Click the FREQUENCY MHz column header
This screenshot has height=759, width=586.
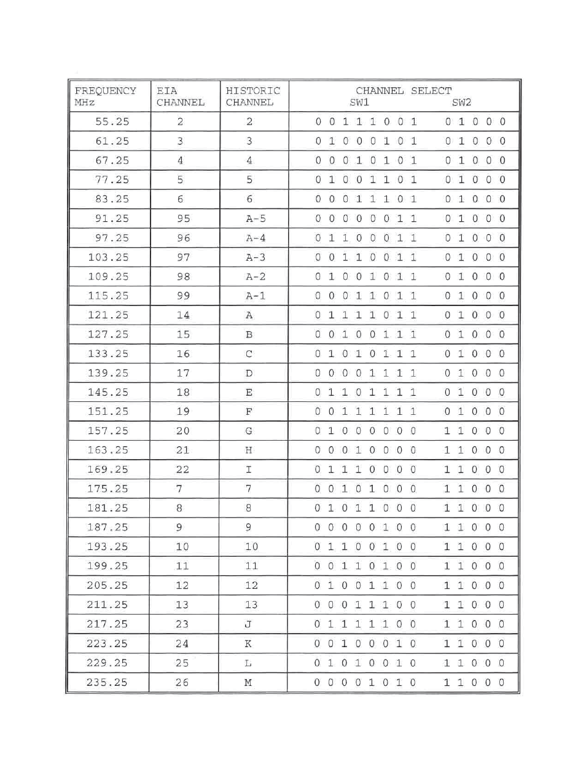coord(105,96)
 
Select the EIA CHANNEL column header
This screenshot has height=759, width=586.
coord(180,96)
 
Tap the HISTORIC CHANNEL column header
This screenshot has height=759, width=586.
coord(252,96)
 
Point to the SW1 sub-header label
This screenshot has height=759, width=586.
coord(359,103)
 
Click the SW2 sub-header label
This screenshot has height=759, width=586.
coord(461,103)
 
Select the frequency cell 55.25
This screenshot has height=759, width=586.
coord(112,122)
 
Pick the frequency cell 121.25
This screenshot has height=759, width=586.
coord(108,315)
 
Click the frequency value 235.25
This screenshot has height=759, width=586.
coord(107,682)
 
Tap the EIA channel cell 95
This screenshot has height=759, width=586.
coord(183,219)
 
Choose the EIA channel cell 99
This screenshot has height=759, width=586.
coord(183,296)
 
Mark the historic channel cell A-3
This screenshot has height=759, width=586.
coord(256,258)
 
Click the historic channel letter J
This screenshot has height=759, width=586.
coord(249,624)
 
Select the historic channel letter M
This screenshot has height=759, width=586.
coord(248,682)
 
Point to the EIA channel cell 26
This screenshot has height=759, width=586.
coord(182,682)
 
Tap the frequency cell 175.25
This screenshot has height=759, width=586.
coord(108,489)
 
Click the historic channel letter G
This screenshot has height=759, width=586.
coord(249,431)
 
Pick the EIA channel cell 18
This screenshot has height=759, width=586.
coord(183,392)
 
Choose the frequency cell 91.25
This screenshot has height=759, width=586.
coord(112,219)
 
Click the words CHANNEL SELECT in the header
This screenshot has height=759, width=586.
coord(404,91)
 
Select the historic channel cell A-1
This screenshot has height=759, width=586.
coord(256,296)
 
